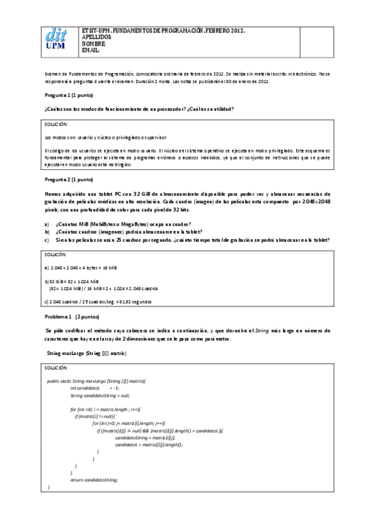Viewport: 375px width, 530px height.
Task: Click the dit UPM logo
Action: pyautogui.click(x=57, y=41)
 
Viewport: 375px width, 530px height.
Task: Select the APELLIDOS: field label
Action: pyautogui.click(x=97, y=37)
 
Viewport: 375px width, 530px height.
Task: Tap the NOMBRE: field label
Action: pyautogui.click(x=95, y=44)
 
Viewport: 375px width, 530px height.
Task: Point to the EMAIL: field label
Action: pyautogui.click(x=91, y=50)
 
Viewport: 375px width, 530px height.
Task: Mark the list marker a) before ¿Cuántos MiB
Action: pyautogui.click(x=46, y=224)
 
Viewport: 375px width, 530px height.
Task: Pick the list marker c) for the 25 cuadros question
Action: pyautogui.click(x=46, y=240)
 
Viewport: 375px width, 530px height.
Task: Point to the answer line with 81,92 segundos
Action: pyautogui.click(x=98, y=302)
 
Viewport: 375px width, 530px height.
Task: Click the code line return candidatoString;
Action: pyautogui.click(x=94, y=479)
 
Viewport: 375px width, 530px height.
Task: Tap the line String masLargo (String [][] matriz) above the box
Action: pyautogui.click(x=87, y=354)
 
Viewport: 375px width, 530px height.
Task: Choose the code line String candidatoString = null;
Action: pyautogui.click(x=100, y=396)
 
